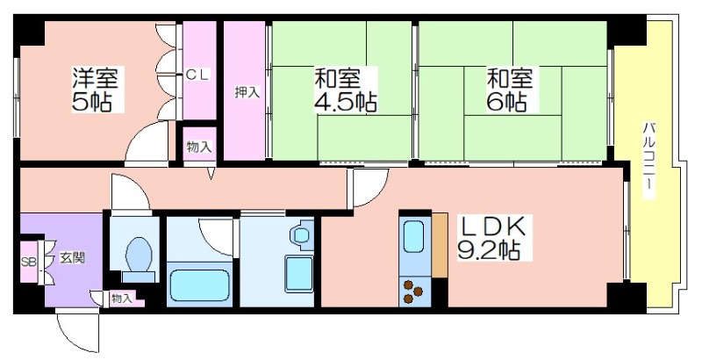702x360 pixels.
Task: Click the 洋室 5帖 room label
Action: coord(96,90)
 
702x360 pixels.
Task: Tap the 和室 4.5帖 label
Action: coord(345,90)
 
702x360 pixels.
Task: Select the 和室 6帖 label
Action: coord(510,90)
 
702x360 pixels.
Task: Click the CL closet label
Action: coord(197,76)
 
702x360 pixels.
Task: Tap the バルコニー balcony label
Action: coord(648,160)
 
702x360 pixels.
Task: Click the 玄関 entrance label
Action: coord(73,258)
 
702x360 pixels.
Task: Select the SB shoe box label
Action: coord(29,262)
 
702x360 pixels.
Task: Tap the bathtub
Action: coord(199,285)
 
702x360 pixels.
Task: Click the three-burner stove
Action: coord(413,292)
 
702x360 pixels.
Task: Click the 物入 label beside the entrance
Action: coord(122,299)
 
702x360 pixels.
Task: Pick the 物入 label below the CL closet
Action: coord(199,147)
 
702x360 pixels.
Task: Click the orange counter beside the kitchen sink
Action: coord(440,245)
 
